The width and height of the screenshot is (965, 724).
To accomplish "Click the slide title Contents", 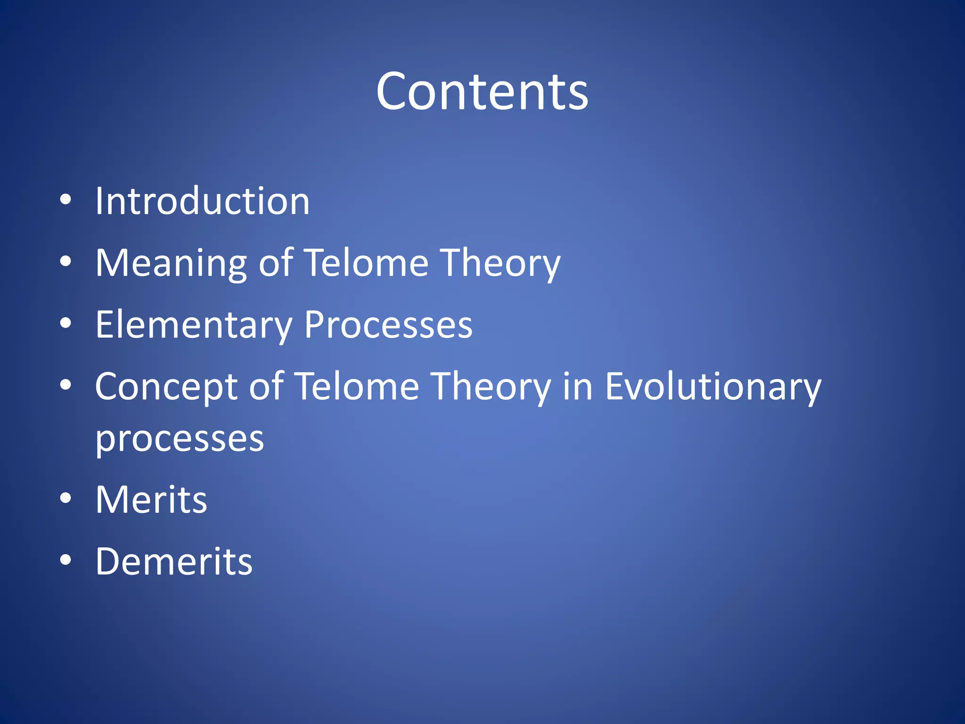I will (482, 91).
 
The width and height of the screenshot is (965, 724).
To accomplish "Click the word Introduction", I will (203, 201).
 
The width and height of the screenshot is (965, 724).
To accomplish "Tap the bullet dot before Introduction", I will (66, 200).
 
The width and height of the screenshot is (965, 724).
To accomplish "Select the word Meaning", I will (171, 263).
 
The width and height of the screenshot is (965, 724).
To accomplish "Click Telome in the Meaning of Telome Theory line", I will (366, 263).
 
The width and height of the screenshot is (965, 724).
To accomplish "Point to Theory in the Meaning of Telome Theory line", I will (500, 263).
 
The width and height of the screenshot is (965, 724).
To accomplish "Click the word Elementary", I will (194, 325).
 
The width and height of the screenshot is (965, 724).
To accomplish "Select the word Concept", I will (166, 387).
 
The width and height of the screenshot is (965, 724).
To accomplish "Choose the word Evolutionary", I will (713, 387).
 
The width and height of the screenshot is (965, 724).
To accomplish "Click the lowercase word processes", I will (180, 439).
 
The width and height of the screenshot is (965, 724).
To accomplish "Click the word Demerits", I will (174, 561).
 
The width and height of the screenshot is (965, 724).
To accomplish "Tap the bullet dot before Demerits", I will (66, 559).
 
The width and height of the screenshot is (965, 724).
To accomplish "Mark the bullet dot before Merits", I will (66, 498).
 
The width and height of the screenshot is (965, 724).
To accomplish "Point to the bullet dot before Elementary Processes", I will (66, 323).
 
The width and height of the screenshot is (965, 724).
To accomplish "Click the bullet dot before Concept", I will (66, 385).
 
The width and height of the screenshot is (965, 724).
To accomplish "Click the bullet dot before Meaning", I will (66, 261).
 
